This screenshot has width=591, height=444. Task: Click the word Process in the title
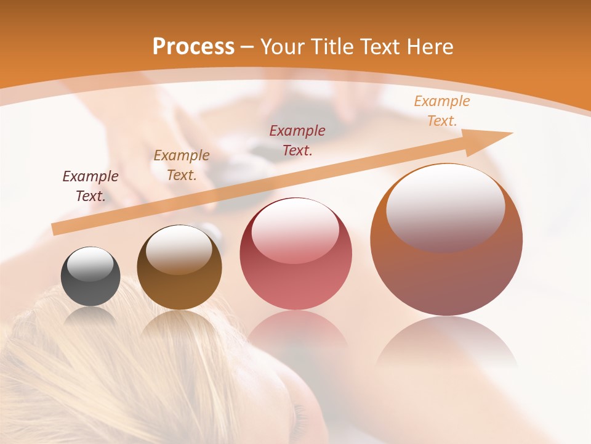coord(193,47)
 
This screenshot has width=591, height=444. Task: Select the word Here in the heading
coord(432,47)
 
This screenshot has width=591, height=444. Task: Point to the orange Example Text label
coord(441,111)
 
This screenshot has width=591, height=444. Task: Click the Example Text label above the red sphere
coord(297,140)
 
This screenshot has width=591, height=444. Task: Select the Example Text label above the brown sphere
coord(182,165)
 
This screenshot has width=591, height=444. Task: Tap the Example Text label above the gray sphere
coord(90,186)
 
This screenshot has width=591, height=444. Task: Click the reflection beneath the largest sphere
coord(446,342)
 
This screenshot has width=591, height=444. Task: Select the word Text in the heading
coord(382,47)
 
